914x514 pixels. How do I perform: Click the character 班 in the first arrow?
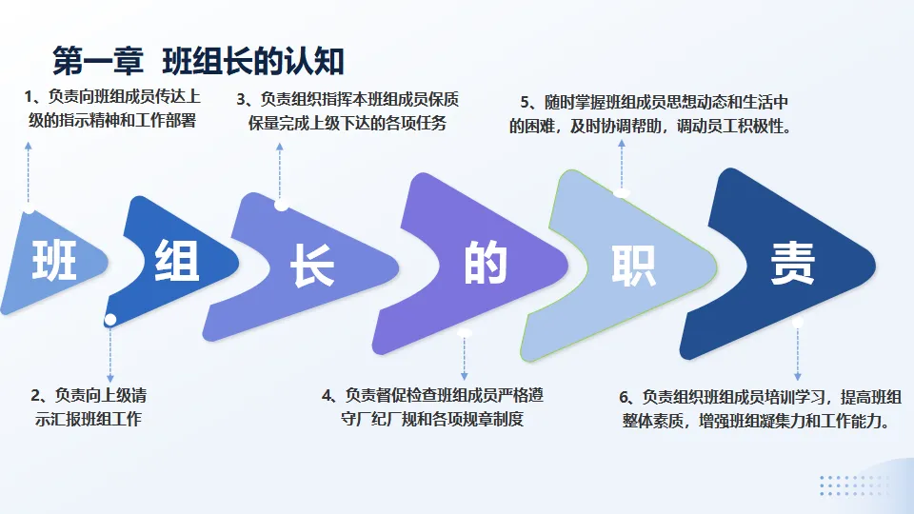(x=54, y=259)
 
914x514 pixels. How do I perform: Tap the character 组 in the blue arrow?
(x=177, y=260)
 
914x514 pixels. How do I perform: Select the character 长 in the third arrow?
(x=312, y=266)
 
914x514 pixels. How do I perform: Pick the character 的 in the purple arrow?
(x=486, y=262)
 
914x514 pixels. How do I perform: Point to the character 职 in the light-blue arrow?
(x=633, y=265)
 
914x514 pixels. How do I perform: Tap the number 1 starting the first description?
(x=29, y=97)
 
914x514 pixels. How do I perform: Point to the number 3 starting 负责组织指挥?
(x=242, y=99)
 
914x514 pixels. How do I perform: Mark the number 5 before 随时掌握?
(x=526, y=102)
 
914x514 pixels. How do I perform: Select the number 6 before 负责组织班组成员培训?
(x=625, y=397)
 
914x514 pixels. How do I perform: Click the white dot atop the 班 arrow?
(x=30, y=208)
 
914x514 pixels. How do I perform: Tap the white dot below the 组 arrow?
(x=110, y=319)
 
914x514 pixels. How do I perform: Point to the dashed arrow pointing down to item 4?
(x=465, y=357)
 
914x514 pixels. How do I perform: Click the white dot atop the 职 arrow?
(x=622, y=193)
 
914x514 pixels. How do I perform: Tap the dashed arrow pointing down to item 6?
(x=798, y=352)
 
